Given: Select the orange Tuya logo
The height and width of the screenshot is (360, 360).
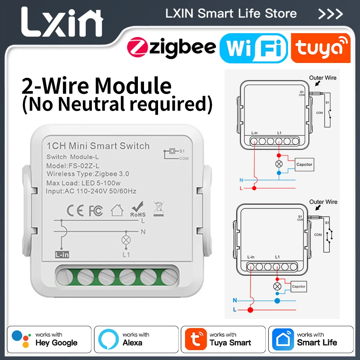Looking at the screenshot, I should [320, 48].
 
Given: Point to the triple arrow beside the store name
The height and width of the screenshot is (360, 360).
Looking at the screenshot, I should [330, 14].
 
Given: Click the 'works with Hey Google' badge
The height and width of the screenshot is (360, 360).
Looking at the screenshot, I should [49, 339].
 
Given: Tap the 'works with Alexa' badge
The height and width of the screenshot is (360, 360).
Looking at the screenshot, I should [136, 339].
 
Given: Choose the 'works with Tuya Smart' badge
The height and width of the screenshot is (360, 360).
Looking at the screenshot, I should [223, 339].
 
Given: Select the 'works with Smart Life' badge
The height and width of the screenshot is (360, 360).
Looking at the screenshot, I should [311, 339].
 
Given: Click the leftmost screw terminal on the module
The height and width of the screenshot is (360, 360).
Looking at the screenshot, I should [65, 278].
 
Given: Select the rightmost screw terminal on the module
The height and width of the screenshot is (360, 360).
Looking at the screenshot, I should [168, 278].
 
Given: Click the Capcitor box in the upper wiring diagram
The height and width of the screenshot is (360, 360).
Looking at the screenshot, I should [304, 165].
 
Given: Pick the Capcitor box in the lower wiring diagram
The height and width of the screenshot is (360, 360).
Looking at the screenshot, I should [298, 287].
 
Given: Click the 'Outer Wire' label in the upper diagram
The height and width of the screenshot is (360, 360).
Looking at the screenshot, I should [323, 78].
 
